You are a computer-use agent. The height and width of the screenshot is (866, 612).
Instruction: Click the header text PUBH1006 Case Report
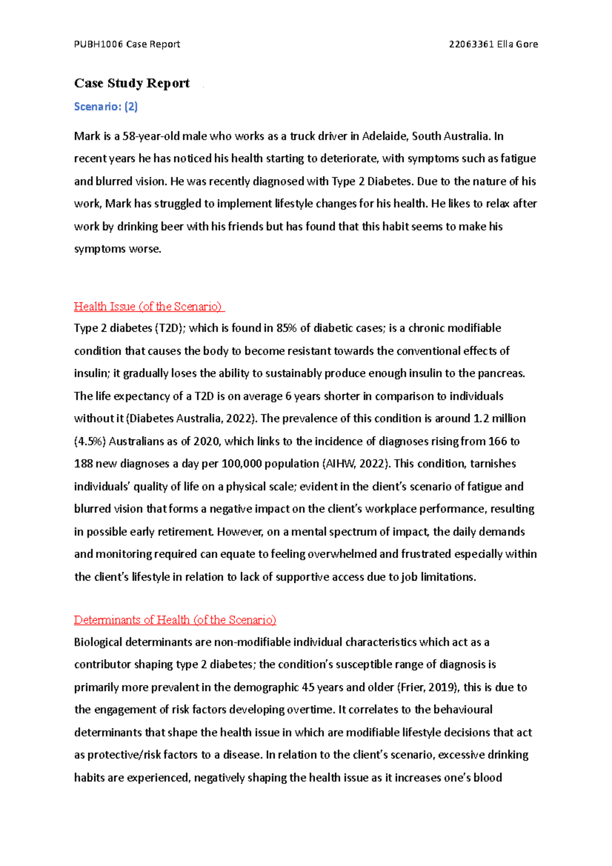[x=127, y=44]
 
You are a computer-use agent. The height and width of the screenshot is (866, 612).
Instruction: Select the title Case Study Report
[x=132, y=83]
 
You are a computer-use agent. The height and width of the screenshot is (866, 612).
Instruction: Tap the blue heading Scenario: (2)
[x=106, y=107]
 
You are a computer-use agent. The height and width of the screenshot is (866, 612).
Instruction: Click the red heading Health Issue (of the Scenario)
[x=148, y=307]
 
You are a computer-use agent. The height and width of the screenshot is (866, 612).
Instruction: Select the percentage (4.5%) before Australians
[x=90, y=441]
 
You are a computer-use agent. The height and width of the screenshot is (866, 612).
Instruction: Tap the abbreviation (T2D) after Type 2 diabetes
[x=169, y=328]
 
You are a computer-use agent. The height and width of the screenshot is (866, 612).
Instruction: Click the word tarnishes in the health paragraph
[x=493, y=464]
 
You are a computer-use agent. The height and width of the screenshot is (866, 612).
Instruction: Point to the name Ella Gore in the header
[x=518, y=44]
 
